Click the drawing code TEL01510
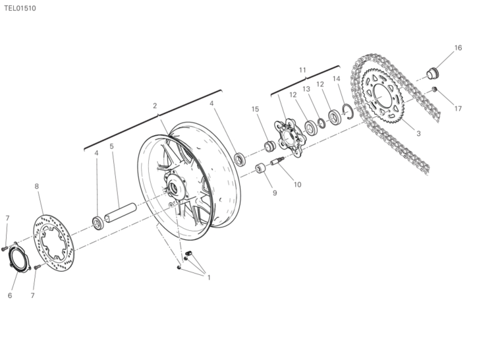[x=20, y=9]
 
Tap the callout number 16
[x=458, y=47]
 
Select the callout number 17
[x=458, y=109]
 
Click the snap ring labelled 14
[x=348, y=111]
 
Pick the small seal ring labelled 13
[x=321, y=123]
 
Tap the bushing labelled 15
[x=270, y=146]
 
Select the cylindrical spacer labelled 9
[x=261, y=168]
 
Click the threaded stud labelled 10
[x=278, y=161]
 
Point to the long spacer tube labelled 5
[x=120, y=213]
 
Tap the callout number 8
[x=36, y=187]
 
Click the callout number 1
[x=209, y=278]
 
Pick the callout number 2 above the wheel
[x=155, y=105]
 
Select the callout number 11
[x=302, y=70]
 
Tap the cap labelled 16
[x=433, y=74]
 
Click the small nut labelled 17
[x=434, y=89]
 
